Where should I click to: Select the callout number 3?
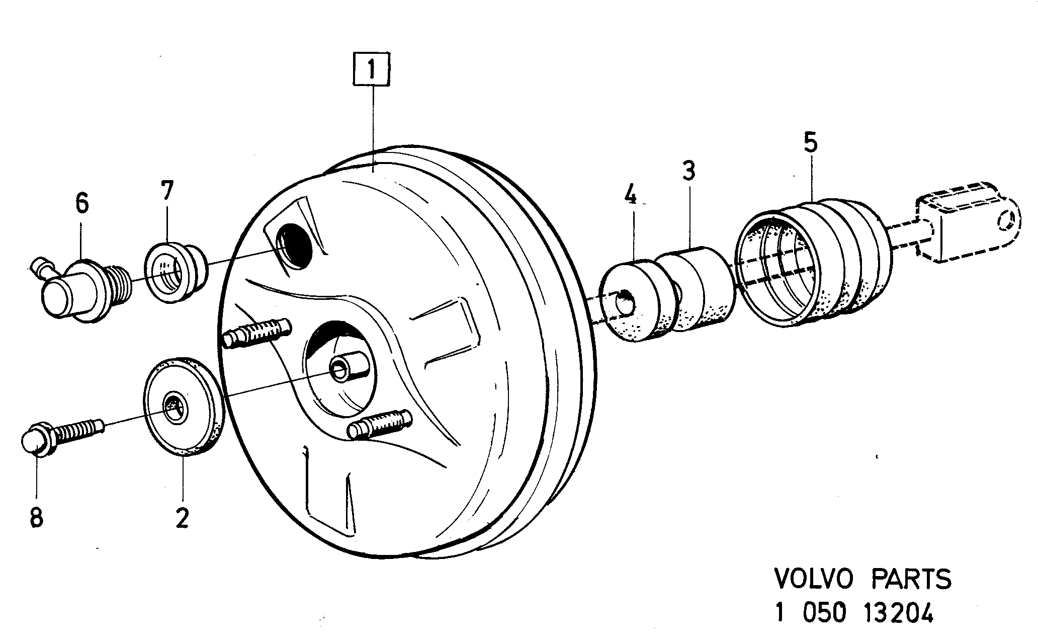(688, 171)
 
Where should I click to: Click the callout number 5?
(810, 142)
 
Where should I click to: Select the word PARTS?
(911, 579)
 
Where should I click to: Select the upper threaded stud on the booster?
(256, 333)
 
